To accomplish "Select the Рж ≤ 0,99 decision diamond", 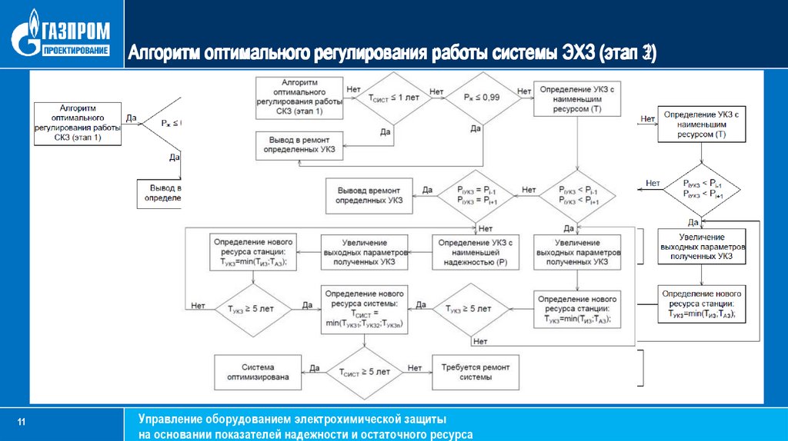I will click(x=482, y=98).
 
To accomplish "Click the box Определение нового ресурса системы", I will click(x=365, y=309).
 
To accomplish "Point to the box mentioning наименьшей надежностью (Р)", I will click(x=475, y=252).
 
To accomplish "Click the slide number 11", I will click(x=22, y=423).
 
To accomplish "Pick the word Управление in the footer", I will click(x=169, y=419).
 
